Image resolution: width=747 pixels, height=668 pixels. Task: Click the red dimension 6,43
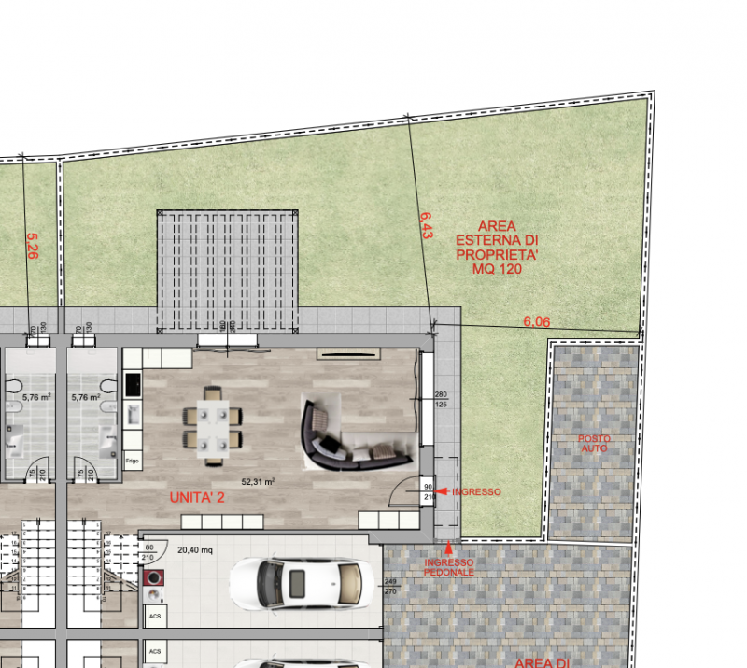426,224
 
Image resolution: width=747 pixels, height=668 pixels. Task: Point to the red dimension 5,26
32,247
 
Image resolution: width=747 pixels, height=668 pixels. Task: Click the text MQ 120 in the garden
497,269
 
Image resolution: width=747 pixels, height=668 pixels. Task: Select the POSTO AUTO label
594,444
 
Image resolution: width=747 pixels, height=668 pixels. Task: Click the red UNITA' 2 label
197,498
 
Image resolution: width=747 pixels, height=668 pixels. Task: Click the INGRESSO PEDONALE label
449,567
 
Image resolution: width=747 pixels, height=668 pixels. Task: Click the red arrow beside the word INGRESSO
445,491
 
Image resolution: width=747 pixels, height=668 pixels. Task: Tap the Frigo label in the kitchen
132,461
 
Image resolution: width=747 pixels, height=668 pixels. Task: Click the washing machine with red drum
154,578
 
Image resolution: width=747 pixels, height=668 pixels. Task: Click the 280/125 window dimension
441,400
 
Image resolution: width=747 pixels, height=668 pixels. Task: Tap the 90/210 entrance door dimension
430,491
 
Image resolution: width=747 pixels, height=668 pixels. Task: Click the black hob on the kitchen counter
132,384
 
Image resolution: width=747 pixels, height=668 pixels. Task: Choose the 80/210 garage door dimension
148,552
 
